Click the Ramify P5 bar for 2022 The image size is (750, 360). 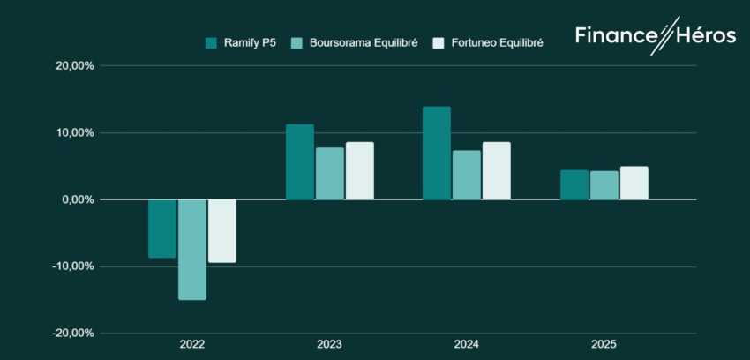(162, 229)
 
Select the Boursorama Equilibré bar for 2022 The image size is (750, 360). (192, 250)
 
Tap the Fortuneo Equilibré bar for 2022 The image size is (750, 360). (222, 231)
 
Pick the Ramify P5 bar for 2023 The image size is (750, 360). (300, 162)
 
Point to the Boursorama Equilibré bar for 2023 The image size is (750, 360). (330, 174)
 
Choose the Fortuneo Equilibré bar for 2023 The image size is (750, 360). (360, 171)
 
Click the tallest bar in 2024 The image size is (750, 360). (437, 154)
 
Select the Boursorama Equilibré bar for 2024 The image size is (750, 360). (467, 176)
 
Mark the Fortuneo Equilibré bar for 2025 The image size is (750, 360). (634, 184)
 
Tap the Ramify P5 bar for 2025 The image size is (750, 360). (574, 185)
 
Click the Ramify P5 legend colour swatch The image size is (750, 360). (211, 42)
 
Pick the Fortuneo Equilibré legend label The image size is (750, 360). (496, 42)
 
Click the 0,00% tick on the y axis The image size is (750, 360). (78, 199)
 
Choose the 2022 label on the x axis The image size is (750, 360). (192, 344)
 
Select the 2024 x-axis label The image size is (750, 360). (467, 344)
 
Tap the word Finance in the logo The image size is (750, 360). (615, 35)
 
